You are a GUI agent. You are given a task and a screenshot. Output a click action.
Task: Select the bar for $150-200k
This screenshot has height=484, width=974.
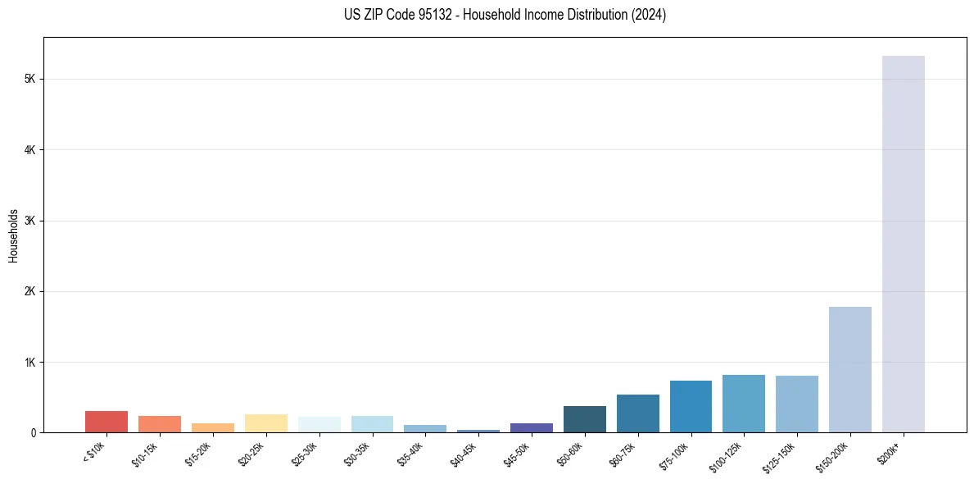[x=849, y=369]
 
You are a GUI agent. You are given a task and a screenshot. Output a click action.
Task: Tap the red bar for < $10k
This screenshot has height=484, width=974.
[x=106, y=422]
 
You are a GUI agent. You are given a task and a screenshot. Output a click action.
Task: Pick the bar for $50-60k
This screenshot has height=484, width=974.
[x=585, y=419]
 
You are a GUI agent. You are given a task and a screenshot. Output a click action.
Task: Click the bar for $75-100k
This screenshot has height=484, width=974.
[x=691, y=406]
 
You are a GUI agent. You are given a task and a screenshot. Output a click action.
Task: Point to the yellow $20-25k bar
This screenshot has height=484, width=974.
[x=266, y=423]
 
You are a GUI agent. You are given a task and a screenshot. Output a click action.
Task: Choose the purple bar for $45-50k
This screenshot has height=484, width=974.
[x=532, y=427]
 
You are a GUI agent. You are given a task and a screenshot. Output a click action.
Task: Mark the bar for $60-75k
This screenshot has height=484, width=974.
[x=637, y=413]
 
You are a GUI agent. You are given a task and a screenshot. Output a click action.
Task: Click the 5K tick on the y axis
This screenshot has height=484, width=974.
[x=30, y=79]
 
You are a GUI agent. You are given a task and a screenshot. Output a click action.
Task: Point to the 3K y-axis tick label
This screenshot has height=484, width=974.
[x=30, y=221]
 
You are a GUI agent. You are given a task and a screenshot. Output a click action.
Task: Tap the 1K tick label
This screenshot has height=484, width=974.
[x=30, y=362]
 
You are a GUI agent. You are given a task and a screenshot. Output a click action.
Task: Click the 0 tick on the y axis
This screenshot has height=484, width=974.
[x=33, y=432]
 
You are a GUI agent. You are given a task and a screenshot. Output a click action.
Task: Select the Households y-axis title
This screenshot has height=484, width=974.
[x=13, y=235]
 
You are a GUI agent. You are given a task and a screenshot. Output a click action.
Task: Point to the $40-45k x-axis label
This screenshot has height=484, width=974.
[x=464, y=454]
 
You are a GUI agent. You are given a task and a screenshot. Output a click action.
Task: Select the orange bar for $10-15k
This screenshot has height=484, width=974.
[x=160, y=424]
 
